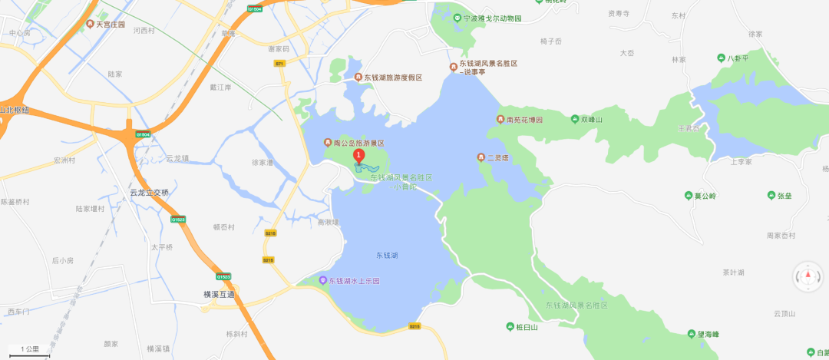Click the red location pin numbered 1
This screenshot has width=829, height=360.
(358, 157)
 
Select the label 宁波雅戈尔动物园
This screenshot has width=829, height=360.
(494, 18)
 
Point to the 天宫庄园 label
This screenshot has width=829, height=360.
(106, 25)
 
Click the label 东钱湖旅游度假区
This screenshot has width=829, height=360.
(393, 78)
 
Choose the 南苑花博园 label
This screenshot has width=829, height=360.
(525, 120)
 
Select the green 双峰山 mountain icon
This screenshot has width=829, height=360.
(575, 119)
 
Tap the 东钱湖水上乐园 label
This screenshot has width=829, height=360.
(355, 281)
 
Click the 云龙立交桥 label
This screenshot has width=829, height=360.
(149, 193)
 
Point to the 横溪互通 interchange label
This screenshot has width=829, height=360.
(219, 294)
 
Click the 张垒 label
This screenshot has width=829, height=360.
(784, 196)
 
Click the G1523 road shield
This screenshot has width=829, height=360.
(178, 220)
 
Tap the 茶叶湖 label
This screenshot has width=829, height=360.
(734, 272)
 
